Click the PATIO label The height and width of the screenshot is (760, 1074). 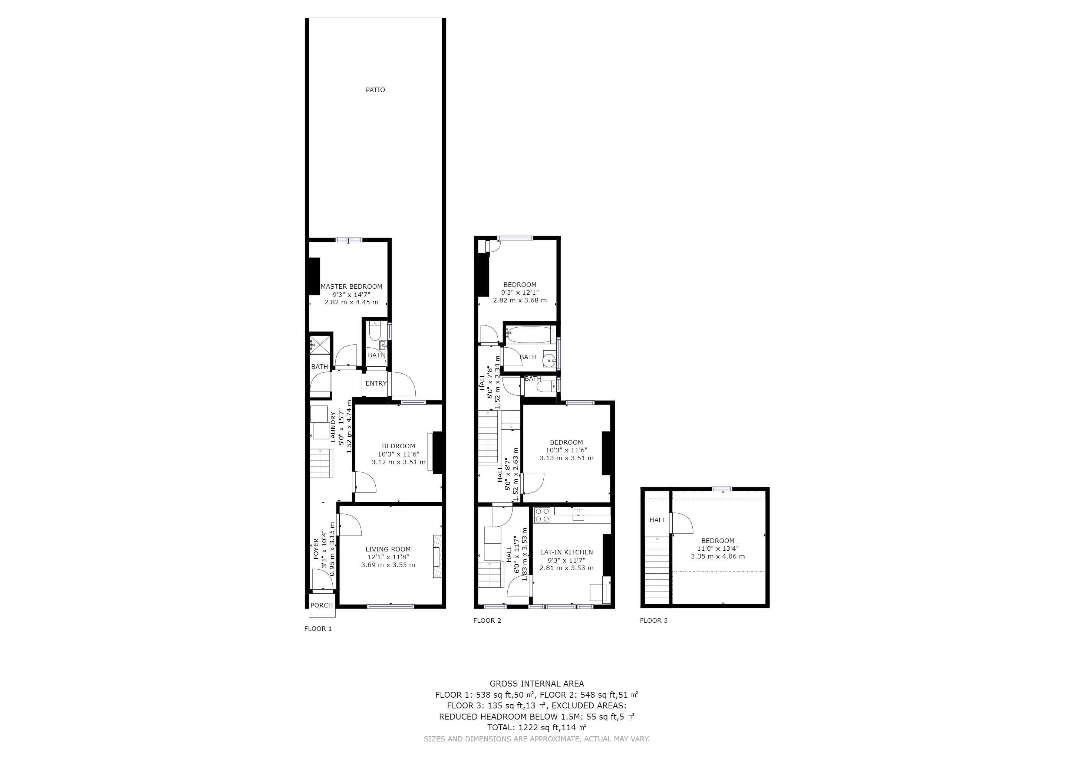[375, 90]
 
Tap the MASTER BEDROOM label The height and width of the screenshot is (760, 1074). [351, 286]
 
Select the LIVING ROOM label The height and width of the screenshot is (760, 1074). [388, 550]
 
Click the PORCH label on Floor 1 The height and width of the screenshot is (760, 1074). [322, 605]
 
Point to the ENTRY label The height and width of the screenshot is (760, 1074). [376, 383]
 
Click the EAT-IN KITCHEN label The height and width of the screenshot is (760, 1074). [566, 552]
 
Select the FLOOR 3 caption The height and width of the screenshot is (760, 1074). [654, 620]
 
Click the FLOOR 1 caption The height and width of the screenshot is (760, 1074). [318, 629]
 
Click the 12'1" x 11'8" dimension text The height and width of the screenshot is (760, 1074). [388, 557]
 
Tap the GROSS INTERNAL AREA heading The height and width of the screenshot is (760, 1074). [537, 684]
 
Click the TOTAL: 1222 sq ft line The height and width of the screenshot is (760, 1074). [537, 728]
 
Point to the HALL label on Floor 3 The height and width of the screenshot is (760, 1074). [658, 520]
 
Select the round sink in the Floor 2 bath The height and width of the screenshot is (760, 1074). [549, 361]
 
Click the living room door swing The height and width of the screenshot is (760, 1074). [350, 525]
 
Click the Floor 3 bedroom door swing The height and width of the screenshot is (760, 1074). [682, 523]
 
